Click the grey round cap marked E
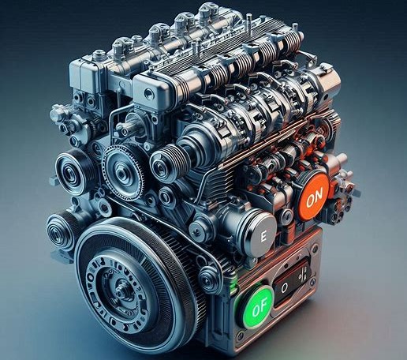point(261,235)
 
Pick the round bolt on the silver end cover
point(148,93)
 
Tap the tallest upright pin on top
point(248,24)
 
